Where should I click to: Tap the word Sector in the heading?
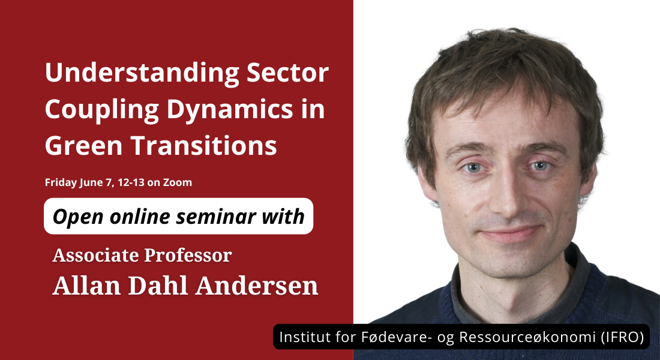click(x=287, y=73)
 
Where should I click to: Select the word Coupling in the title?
click(x=101, y=110)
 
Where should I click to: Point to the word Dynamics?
click(x=229, y=110)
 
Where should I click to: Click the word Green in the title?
click(x=83, y=146)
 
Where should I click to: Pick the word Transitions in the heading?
click(x=204, y=146)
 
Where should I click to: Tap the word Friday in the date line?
click(x=61, y=183)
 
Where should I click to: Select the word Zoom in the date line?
click(x=178, y=182)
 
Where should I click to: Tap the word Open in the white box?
click(x=78, y=217)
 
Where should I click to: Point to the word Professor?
click(x=188, y=255)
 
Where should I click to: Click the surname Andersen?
click(x=257, y=286)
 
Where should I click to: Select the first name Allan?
click(x=87, y=286)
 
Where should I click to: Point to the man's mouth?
click(x=511, y=233)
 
